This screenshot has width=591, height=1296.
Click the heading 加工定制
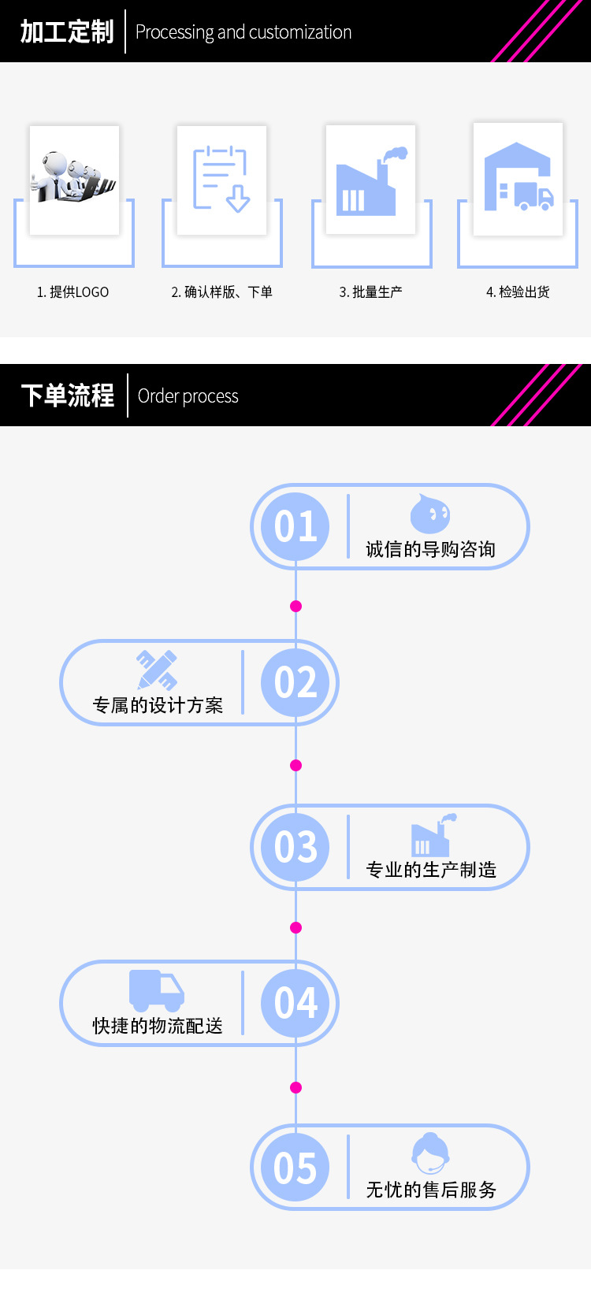click(x=67, y=32)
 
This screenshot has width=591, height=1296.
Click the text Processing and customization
click(x=243, y=32)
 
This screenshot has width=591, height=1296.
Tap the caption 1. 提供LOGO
click(x=72, y=292)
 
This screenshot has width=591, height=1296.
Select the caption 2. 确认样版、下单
click(x=221, y=292)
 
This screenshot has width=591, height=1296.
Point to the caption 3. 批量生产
click(x=370, y=292)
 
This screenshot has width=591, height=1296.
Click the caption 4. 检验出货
click(x=518, y=292)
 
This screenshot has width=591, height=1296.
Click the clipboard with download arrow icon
click(x=221, y=180)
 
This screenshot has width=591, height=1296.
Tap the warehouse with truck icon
click(x=518, y=179)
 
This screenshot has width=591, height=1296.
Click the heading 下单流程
click(x=68, y=395)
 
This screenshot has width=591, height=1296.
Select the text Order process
click(x=188, y=396)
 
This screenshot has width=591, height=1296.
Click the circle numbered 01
click(x=295, y=526)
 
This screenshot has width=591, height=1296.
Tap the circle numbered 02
click(x=295, y=682)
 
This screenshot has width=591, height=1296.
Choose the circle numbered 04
click(x=295, y=1003)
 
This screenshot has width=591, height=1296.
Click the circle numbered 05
click(x=295, y=1168)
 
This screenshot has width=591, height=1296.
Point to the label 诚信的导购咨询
click(x=430, y=549)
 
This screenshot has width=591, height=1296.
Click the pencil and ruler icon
click(x=157, y=670)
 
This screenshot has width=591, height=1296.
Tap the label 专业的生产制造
click(x=431, y=870)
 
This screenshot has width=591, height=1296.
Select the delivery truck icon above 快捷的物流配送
click(x=156, y=990)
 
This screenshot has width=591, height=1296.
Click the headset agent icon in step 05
click(x=430, y=1153)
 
